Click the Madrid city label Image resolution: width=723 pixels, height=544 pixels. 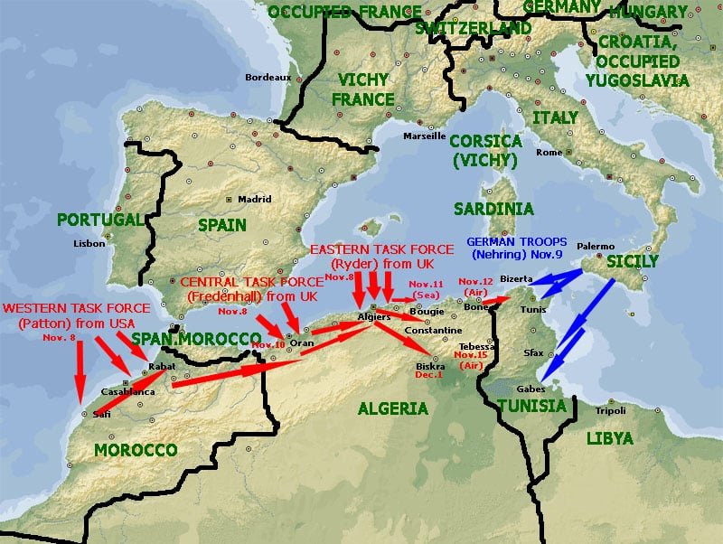pos(254,200)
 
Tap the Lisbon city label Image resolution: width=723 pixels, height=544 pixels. pos(89,243)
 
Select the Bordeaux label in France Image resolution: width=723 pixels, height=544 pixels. pos(268,78)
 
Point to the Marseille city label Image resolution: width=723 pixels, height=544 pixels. pos(424,136)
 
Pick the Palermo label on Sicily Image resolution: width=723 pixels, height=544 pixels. pos(596,246)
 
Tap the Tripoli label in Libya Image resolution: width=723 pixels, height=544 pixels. pos(610,410)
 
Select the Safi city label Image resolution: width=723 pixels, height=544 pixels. pos(101,414)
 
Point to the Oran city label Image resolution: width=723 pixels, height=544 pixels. pos(301,343)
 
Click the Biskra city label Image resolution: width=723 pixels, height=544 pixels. pos(430,366)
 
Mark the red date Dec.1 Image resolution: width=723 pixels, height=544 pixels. pos(430,376)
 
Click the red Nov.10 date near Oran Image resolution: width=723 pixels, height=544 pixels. pos(268,345)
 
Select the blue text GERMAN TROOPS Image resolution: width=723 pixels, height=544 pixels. pos(516,242)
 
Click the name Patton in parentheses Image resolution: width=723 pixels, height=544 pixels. pos(39,324)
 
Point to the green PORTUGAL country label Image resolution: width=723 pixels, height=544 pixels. pos(99,220)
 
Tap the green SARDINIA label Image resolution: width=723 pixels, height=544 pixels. pos(493,209)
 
